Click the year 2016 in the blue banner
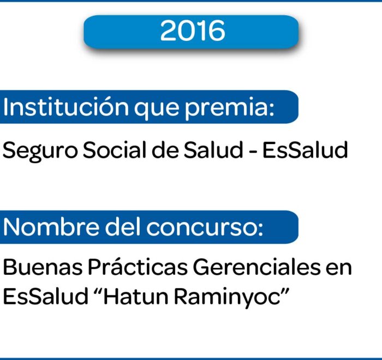[x=193, y=31]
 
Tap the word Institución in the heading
[x=66, y=107]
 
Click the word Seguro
[x=40, y=151]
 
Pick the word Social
[x=115, y=149]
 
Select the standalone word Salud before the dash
[x=213, y=149]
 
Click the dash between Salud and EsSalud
[x=253, y=152]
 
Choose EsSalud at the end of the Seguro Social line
[x=305, y=149]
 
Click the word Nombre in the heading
[x=51, y=227]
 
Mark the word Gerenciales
[x=256, y=267]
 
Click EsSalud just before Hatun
[x=45, y=296]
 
